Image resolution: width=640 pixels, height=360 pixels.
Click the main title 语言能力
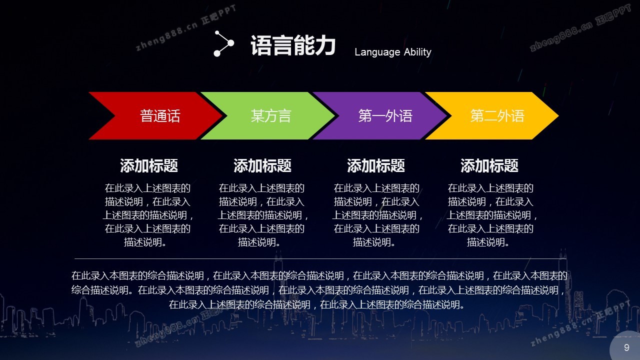click(293, 45)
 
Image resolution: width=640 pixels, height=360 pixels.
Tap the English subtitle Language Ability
click(393, 52)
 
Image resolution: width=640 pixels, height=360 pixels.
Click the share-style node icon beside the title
click(223, 43)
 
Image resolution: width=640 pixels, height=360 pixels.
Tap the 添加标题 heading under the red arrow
click(149, 165)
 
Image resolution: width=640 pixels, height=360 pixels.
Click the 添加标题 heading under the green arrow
click(262, 165)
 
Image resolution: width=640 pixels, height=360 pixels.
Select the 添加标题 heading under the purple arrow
click(375, 165)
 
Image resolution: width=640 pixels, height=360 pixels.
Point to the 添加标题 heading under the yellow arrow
click(489, 165)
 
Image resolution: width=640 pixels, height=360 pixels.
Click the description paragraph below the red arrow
click(147, 215)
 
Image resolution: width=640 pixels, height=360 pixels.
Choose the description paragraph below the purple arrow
click(377, 215)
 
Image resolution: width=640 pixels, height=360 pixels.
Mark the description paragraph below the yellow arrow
click(491, 215)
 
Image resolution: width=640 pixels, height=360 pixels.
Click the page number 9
click(626, 347)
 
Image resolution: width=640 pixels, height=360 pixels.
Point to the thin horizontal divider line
click(320, 259)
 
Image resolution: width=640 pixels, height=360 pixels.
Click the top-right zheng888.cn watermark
click(580, 27)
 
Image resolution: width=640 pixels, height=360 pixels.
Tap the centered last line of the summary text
click(316, 305)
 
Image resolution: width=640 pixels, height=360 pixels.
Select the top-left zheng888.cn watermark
click(186, 27)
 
